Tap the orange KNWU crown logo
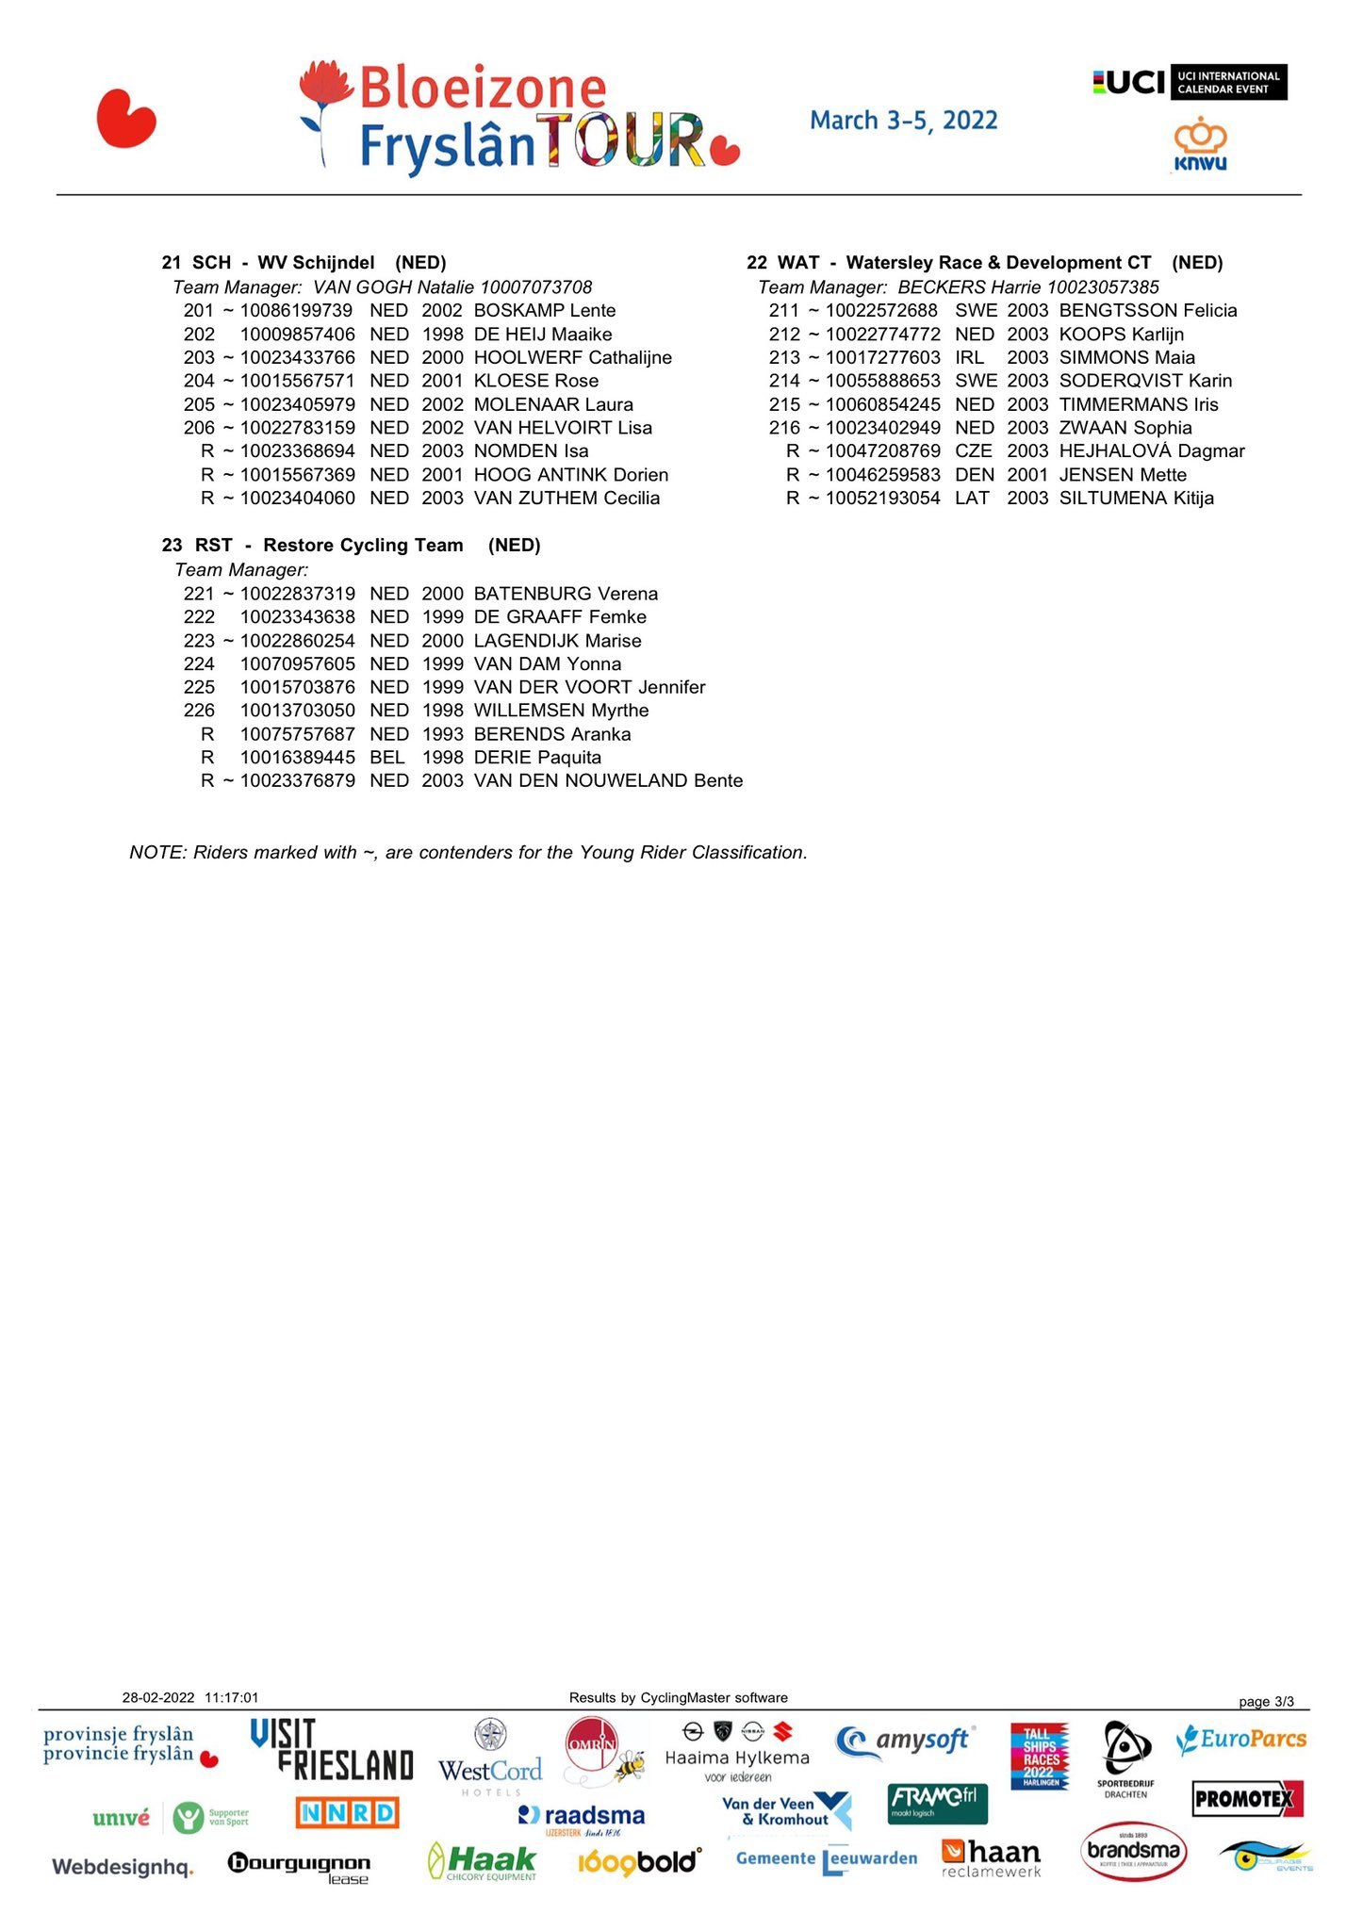[x=1200, y=143]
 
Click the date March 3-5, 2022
[x=903, y=121]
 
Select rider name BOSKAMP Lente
[x=544, y=311]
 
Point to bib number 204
[x=199, y=381]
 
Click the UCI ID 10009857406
[x=297, y=335]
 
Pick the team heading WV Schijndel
[x=316, y=263]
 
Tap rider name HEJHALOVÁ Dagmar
[x=1151, y=451]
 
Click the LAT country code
[x=972, y=499]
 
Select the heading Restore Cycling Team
[x=363, y=546]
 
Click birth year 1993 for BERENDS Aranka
[x=442, y=734]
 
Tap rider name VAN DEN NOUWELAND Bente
[x=608, y=781]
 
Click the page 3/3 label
[x=1265, y=1702]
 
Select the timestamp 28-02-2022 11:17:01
[x=190, y=1698]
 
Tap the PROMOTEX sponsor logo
[x=1247, y=1799]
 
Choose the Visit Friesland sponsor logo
[x=331, y=1750]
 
